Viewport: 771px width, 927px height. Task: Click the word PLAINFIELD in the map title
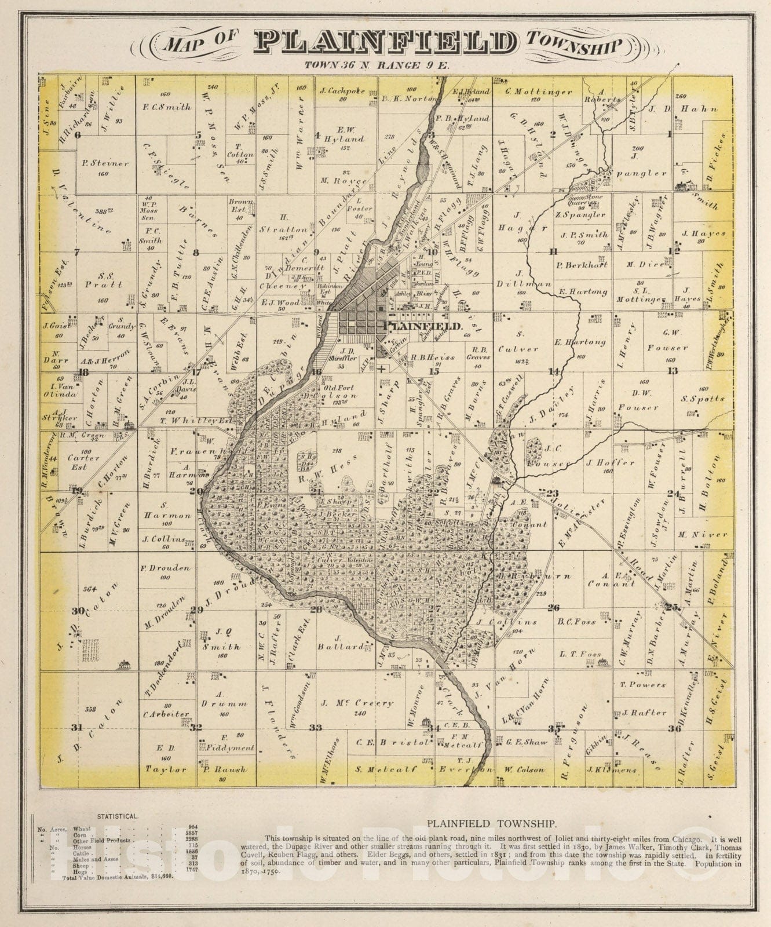coord(386,43)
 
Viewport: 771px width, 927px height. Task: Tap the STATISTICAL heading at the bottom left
coord(118,816)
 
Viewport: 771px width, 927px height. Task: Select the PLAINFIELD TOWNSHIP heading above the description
coord(492,823)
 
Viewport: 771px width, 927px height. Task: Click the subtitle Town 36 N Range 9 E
coord(376,65)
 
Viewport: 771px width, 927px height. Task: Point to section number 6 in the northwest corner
coord(76,134)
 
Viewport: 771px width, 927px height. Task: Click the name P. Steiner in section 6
coord(105,163)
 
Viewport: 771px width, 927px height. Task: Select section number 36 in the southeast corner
coord(674,728)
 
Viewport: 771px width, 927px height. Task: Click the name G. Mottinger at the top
coord(538,92)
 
